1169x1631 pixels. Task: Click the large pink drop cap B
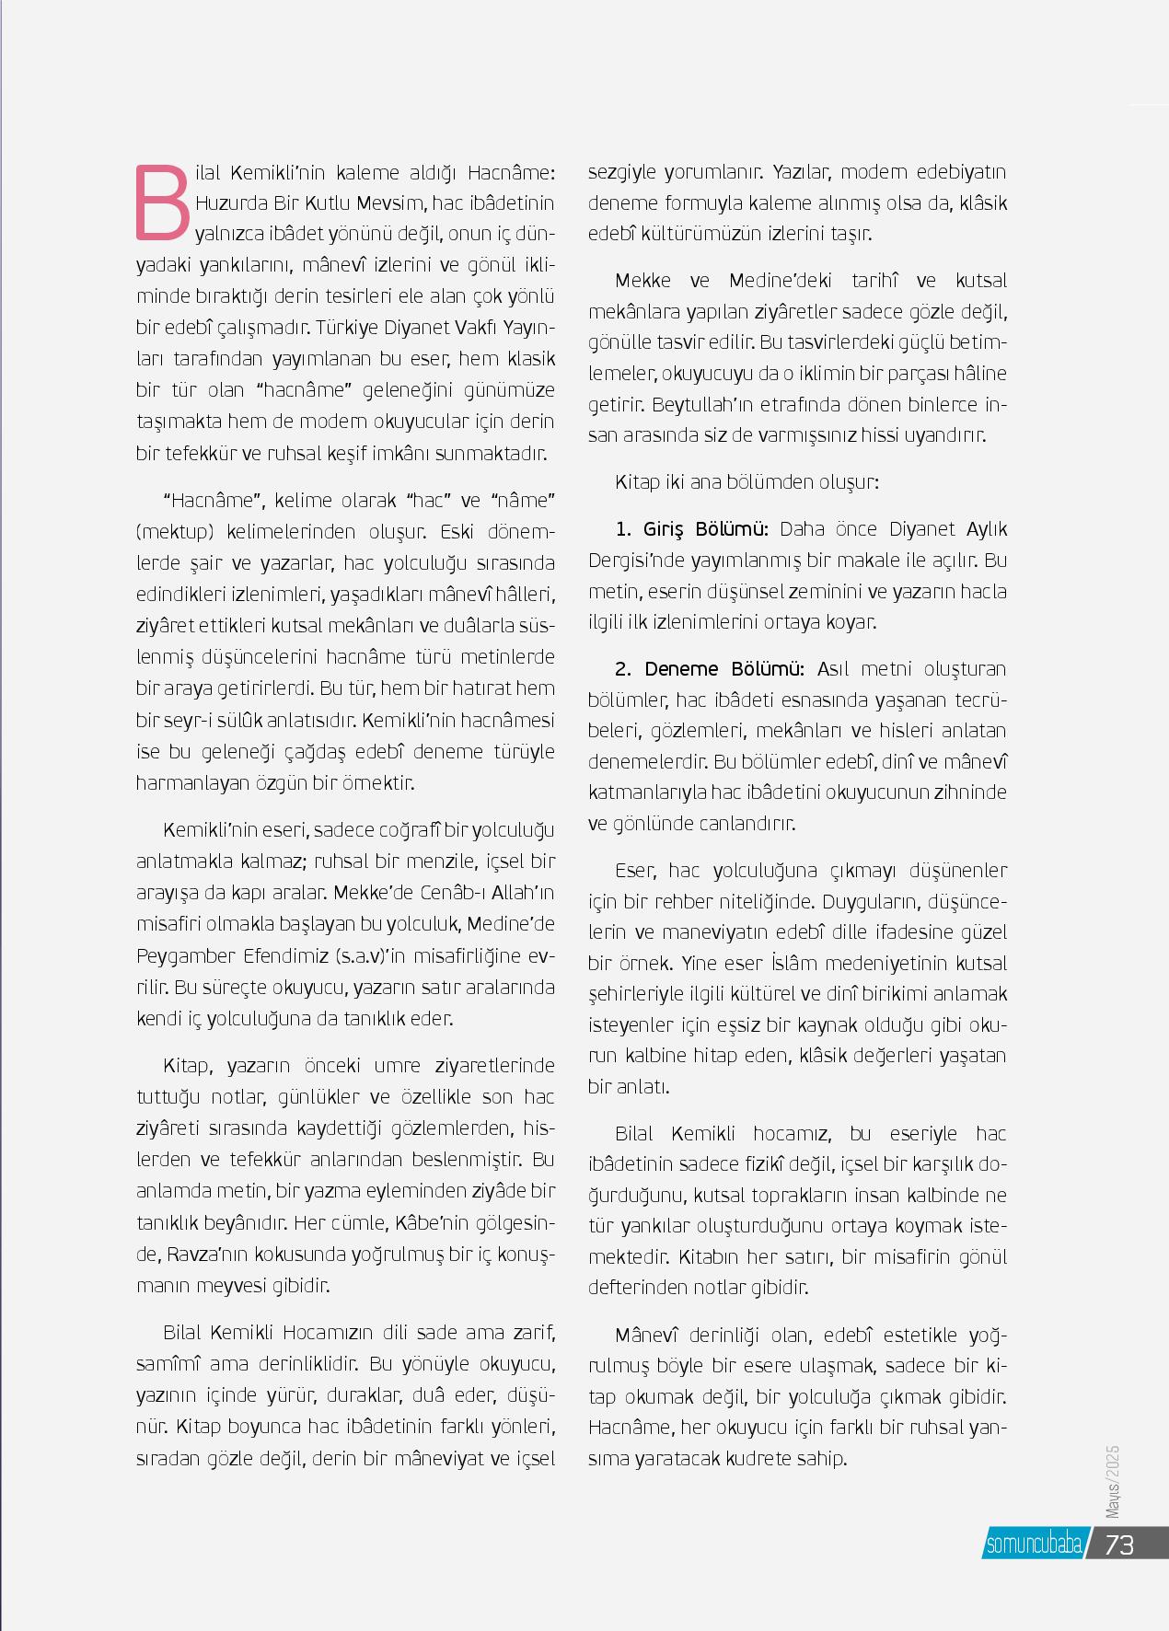163,201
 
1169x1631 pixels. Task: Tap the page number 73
1118,1544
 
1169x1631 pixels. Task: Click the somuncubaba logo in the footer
1034,1544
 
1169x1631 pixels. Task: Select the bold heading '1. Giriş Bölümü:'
692,529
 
